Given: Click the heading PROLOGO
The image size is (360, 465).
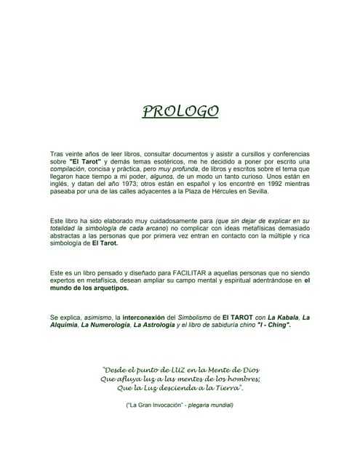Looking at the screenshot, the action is (x=180, y=111).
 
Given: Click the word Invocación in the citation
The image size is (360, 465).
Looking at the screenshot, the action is (x=169, y=404).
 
